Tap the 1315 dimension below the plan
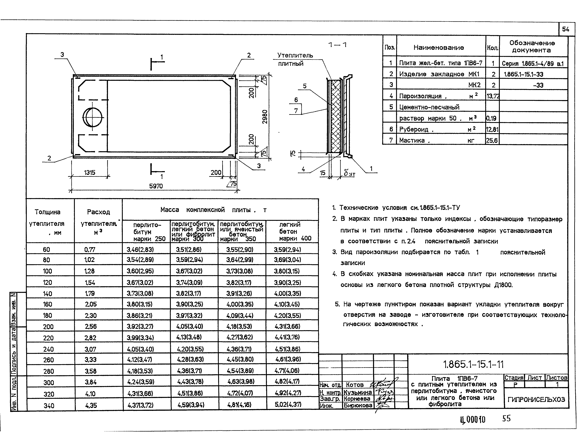point(90,173)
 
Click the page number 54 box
point(566,29)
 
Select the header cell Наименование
point(439,47)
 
